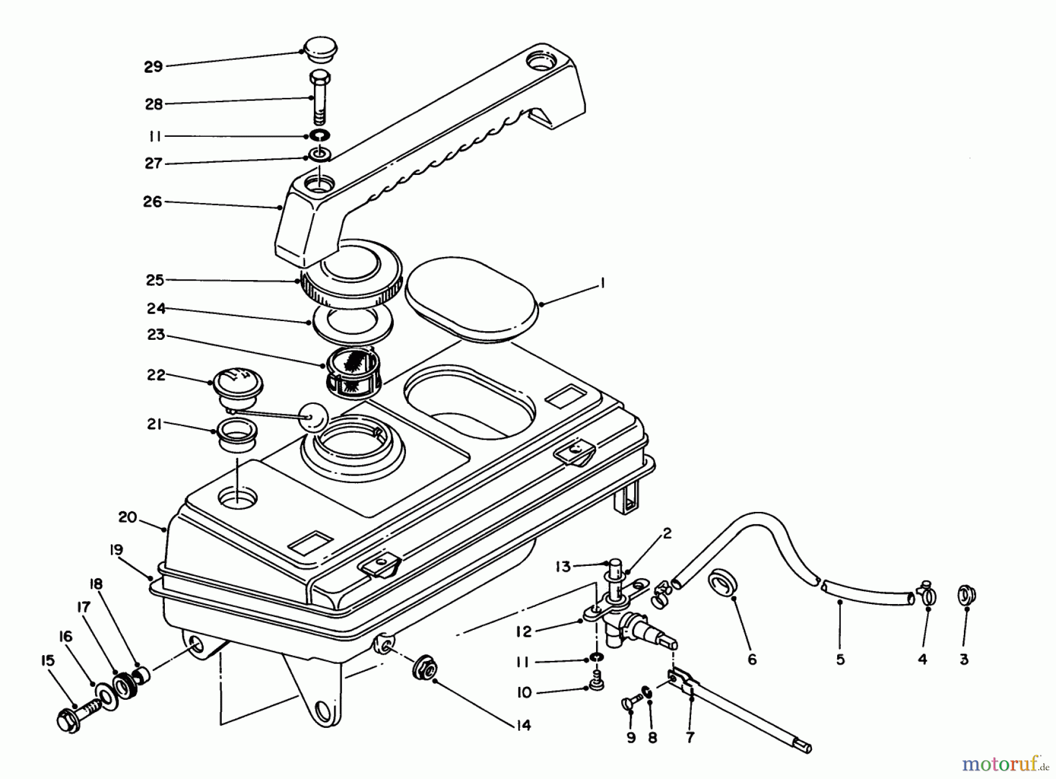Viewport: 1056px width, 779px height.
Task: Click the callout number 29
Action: click(153, 67)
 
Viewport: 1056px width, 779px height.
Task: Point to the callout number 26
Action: click(153, 202)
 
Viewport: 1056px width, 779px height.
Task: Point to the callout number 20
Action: click(127, 518)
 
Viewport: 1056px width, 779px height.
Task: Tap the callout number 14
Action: click(524, 726)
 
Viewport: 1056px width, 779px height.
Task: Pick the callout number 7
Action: click(690, 737)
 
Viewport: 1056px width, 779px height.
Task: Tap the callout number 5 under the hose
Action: click(840, 660)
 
